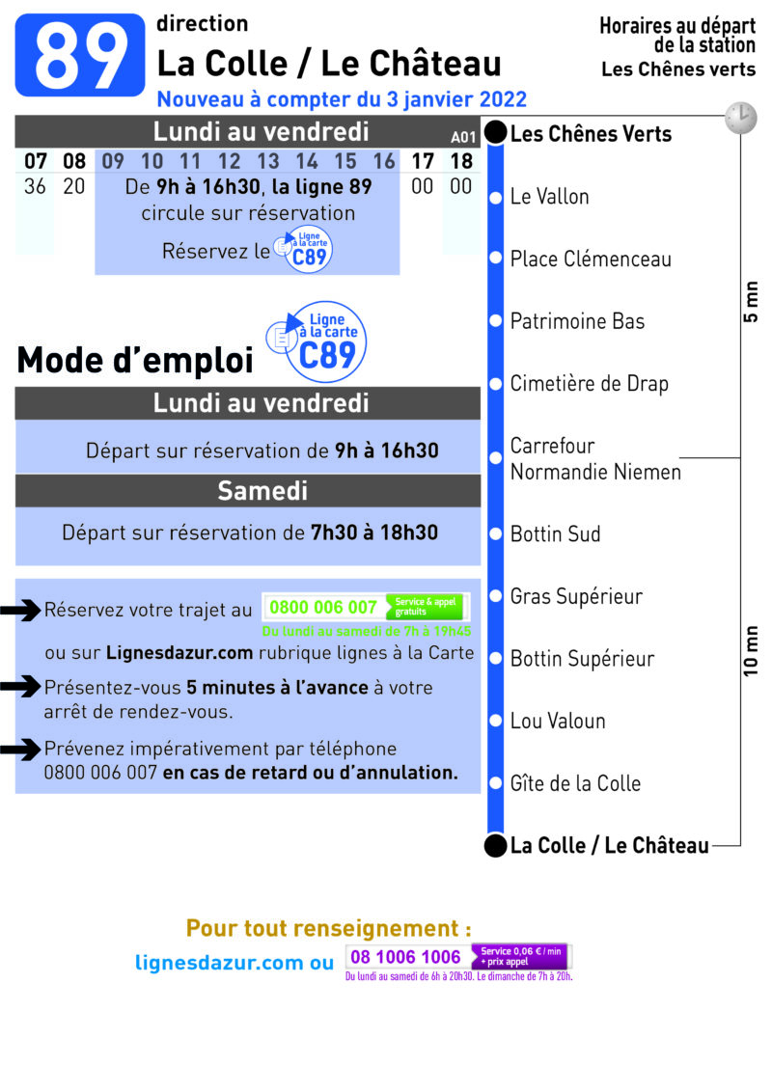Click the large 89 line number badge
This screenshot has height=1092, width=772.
point(80,55)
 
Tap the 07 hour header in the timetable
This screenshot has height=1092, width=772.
point(36,161)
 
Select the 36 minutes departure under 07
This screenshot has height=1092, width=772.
point(35,186)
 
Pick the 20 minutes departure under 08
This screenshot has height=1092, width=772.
point(74,186)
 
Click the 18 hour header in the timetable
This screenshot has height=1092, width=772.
point(461,161)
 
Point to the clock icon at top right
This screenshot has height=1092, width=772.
point(741,118)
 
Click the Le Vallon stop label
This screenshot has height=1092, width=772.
point(550,197)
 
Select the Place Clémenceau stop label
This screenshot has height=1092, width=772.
point(591,259)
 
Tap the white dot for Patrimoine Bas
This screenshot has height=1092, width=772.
point(495,321)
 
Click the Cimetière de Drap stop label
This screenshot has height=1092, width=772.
point(590,384)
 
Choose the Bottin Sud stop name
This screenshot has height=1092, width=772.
point(555,534)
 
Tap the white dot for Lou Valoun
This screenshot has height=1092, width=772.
point(495,721)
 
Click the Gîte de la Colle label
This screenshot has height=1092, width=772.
point(575,783)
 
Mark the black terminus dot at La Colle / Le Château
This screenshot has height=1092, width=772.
point(495,845)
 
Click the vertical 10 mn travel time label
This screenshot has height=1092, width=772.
point(751,651)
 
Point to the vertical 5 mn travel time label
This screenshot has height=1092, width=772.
point(751,302)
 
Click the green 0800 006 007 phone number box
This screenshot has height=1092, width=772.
point(366,608)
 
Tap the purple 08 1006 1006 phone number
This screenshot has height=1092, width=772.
point(405,957)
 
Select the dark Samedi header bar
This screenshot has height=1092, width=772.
point(248,491)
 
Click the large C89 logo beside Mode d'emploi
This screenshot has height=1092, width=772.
point(317,341)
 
